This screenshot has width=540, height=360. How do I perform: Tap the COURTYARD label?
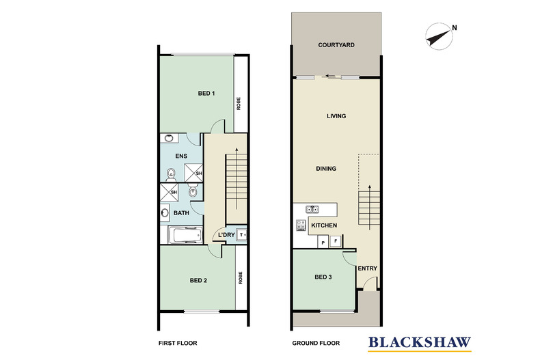pos(336,46)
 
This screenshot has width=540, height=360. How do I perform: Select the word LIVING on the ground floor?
pos(336,116)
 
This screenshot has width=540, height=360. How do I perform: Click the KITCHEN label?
pos(324,225)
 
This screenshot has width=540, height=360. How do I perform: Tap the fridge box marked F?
pos(335,241)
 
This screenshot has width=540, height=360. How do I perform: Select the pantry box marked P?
pos(322,241)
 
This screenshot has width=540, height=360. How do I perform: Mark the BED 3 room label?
pos(323,277)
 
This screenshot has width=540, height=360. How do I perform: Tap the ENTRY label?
pos(367,268)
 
